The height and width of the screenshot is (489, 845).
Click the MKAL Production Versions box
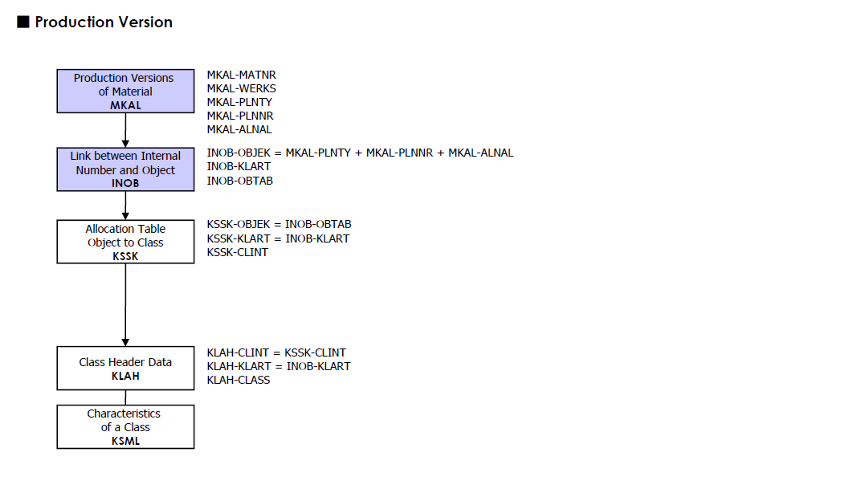point(125,91)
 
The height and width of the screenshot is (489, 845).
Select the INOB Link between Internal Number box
point(125,169)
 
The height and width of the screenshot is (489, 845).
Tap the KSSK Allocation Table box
point(125,242)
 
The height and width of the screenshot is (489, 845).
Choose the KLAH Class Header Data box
point(125,368)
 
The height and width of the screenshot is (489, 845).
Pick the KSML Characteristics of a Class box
point(125,426)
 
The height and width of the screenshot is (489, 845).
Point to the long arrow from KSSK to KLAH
point(125,305)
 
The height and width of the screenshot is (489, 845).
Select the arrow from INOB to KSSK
point(125,206)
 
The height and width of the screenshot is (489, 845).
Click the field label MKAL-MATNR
point(241,75)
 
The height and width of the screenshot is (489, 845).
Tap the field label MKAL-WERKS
point(241,88)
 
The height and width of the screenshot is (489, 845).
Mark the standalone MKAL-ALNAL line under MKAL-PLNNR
point(239,129)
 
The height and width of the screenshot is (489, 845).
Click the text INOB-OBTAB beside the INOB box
point(239,181)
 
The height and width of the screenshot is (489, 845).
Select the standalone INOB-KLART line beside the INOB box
point(239,167)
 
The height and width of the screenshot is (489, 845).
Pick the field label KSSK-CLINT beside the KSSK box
point(237,252)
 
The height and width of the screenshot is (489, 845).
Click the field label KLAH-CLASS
point(238,380)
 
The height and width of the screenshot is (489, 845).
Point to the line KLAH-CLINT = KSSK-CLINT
point(276,352)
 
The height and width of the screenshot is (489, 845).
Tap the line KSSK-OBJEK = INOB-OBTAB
point(279,224)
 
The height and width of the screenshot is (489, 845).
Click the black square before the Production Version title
point(23,22)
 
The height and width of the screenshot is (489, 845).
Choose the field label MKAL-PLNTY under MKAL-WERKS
point(239,102)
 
